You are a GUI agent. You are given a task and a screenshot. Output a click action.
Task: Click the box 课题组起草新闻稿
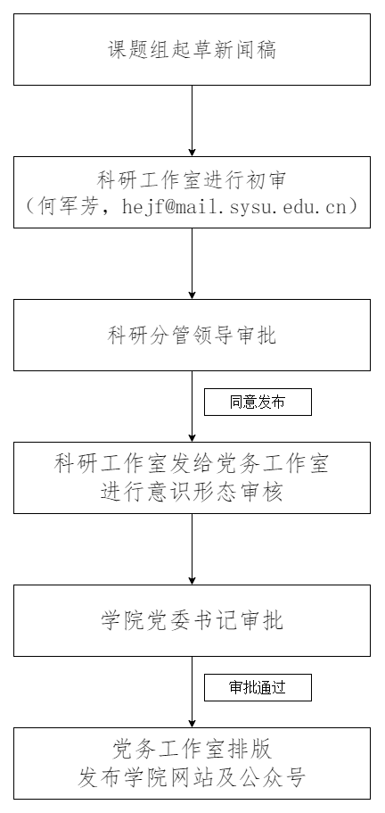point(192,49)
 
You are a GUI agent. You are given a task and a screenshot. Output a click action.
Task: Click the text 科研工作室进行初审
point(192,180)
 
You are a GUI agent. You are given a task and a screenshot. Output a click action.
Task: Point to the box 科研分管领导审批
point(192,335)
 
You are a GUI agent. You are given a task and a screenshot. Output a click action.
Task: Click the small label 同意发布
point(258,402)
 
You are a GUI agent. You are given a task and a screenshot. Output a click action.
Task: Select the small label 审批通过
point(258,687)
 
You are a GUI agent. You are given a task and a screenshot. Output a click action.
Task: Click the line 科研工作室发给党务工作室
point(192,463)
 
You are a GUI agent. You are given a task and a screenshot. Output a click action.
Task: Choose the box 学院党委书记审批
point(192,620)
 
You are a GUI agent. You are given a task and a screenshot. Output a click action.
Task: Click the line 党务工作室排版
point(192,750)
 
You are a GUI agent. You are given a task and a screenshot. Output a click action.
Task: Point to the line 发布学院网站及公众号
point(192,777)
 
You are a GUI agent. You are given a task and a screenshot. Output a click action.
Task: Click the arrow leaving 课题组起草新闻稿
point(192,120)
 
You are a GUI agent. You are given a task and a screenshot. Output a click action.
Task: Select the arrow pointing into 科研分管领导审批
point(192,263)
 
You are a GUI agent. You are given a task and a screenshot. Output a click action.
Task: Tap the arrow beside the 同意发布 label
point(192,407)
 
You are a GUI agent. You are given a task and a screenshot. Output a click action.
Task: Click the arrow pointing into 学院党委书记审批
point(192,549)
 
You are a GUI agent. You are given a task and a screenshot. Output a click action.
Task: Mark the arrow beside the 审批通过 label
point(192,693)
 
